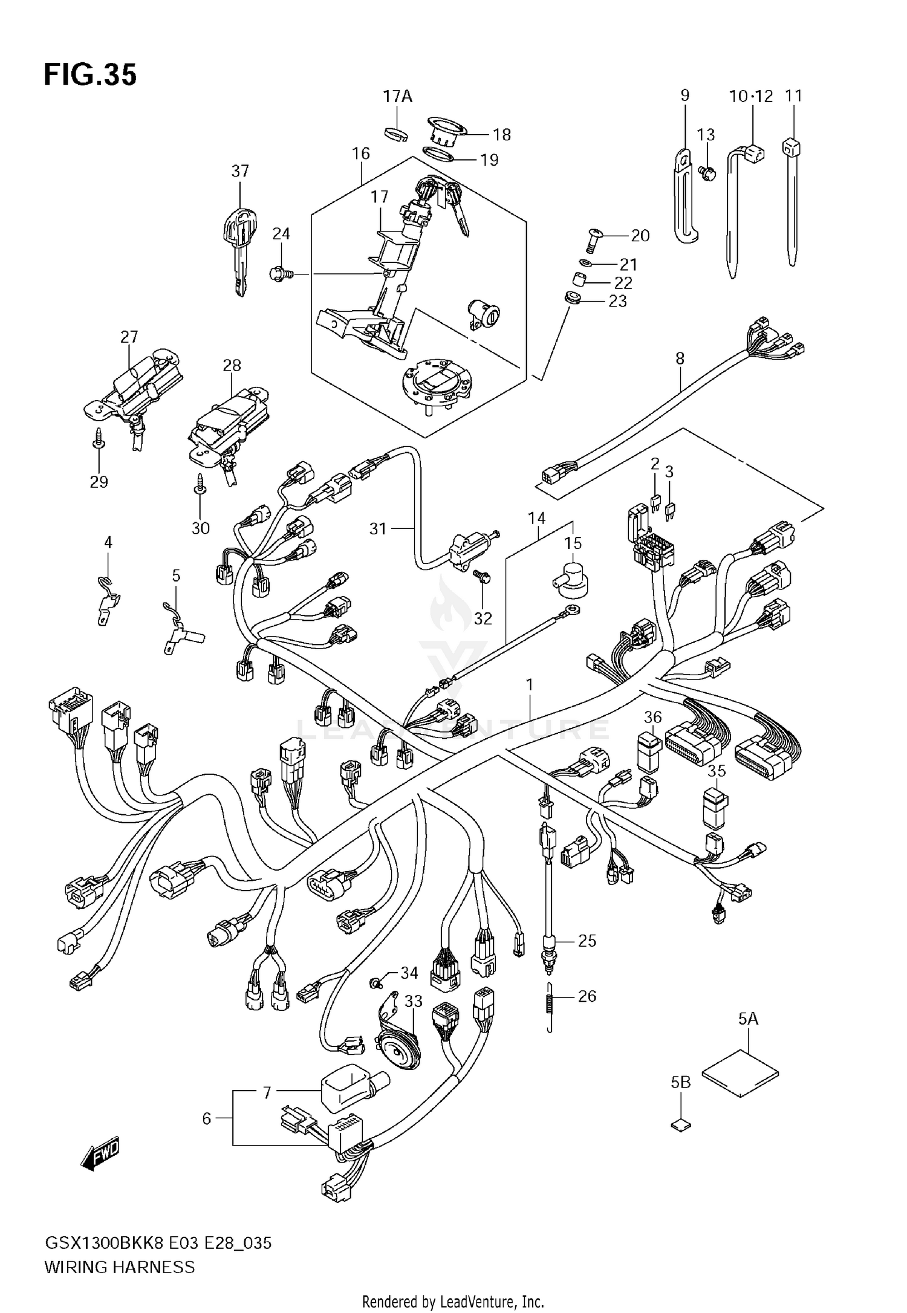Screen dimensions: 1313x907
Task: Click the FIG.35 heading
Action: (x=90, y=75)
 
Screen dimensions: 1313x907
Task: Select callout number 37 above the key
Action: (x=240, y=171)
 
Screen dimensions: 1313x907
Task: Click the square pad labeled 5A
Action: (x=740, y=1076)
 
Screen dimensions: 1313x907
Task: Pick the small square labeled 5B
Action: (x=681, y=1125)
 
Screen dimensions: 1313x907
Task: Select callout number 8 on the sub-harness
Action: (x=680, y=358)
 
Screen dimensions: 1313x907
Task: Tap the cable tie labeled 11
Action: (x=792, y=199)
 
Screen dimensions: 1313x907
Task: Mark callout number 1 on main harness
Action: (x=530, y=685)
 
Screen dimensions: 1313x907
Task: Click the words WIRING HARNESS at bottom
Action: (x=120, y=1267)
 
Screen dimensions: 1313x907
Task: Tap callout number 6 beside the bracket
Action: (x=207, y=1119)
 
